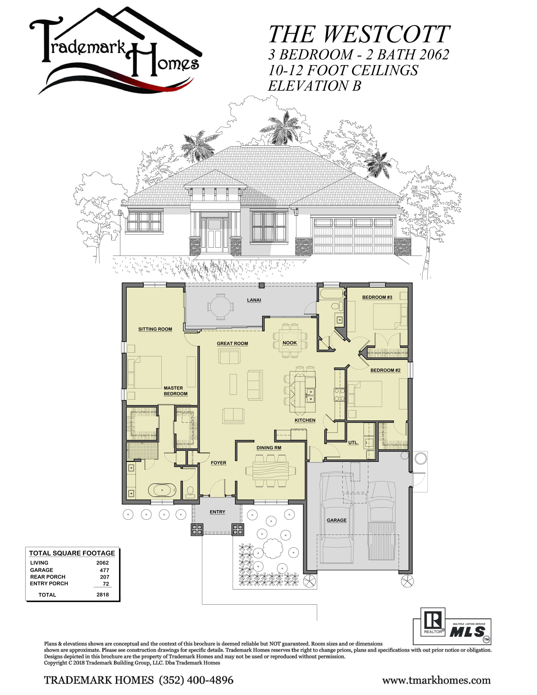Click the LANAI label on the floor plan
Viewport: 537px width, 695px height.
[254, 300]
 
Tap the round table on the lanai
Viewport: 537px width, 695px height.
[220, 307]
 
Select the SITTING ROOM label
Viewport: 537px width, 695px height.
[155, 329]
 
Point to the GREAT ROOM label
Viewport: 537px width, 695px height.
[232, 343]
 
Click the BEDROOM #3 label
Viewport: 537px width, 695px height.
[377, 297]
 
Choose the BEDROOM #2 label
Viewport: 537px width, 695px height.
[385, 370]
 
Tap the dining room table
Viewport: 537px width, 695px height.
[270, 470]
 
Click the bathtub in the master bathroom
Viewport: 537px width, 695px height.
[162, 490]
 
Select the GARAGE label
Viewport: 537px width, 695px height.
[337, 520]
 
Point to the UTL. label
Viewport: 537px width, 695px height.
[353, 442]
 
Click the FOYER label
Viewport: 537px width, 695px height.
[218, 463]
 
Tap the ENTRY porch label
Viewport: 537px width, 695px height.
[217, 512]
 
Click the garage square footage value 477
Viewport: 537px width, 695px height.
[104, 570]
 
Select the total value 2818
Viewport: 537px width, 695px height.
[102, 595]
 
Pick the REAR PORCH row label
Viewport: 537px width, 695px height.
[48, 577]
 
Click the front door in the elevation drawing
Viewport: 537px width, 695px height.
[214, 235]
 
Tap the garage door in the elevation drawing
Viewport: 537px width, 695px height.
[353, 235]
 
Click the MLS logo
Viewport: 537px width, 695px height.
[467, 632]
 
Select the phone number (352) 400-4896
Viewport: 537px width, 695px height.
[196, 680]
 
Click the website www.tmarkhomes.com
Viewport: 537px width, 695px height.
[436, 680]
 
